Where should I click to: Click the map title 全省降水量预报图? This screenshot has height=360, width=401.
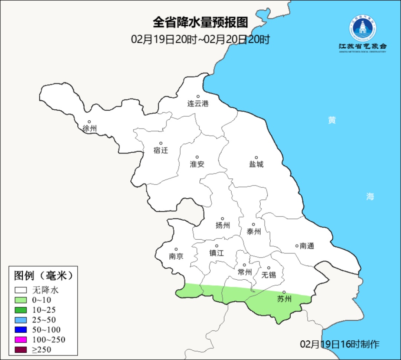(x=200, y=23)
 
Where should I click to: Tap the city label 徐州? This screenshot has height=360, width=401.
(x=90, y=129)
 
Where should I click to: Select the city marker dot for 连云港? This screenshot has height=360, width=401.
(x=198, y=97)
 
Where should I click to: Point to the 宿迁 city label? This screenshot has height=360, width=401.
(x=161, y=150)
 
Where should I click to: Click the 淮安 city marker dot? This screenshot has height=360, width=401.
(x=197, y=157)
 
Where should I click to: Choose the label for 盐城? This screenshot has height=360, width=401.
(x=256, y=164)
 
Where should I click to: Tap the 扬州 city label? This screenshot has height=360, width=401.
(x=223, y=225)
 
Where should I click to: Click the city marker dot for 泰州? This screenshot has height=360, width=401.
(x=254, y=224)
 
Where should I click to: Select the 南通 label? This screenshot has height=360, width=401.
(x=307, y=246)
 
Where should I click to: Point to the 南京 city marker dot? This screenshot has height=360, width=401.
(x=176, y=250)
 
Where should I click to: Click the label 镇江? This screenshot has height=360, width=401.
(x=216, y=253)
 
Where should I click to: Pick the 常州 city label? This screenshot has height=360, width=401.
(x=245, y=272)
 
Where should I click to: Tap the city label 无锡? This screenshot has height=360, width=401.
(x=269, y=275)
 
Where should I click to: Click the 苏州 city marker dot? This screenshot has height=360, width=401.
(x=284, y=292)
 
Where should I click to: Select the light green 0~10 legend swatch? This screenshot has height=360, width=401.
(x=21, y=300)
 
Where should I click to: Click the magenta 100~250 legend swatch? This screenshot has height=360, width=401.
(x=21, y=340)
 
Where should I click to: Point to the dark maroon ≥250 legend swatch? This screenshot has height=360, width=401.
(x=21, y=349)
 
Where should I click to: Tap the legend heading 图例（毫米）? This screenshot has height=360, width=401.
(x=43, y=276)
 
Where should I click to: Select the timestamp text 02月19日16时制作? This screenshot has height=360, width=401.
(x=340, y=344)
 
